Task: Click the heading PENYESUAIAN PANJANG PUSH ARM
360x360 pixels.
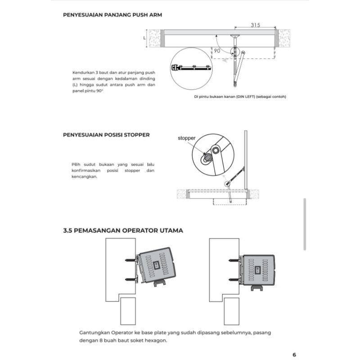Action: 112,15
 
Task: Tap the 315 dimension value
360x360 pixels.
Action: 256,26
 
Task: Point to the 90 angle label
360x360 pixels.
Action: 217,51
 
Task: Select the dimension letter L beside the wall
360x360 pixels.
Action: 144,38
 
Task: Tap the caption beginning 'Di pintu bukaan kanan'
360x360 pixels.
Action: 240,97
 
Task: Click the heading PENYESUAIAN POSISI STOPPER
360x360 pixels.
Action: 106,135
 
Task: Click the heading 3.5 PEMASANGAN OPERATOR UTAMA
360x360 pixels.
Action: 123,230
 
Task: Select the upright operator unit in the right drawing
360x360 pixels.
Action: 258,269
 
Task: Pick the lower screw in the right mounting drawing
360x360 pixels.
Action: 233,279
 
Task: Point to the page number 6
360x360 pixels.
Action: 294,354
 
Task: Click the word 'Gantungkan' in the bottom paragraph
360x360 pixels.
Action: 92,333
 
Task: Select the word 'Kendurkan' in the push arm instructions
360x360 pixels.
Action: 82,72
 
